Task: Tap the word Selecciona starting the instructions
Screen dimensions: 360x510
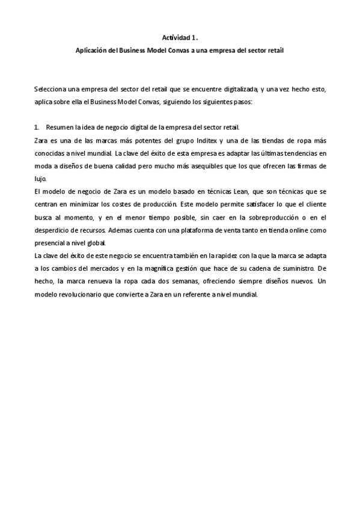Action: pyautogui.click(x=50, y=89)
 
